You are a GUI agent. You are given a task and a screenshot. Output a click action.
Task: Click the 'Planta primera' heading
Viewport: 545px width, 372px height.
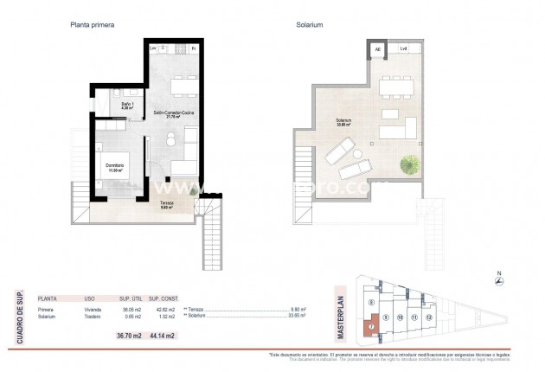coord(92,25)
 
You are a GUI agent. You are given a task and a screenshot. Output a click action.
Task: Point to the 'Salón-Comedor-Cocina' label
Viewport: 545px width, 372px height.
coord(174,113)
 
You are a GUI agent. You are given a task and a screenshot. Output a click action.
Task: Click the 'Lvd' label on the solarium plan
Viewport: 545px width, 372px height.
coord(404,49)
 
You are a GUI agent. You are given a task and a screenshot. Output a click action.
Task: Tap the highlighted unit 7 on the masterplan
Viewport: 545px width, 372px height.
coord(371,328)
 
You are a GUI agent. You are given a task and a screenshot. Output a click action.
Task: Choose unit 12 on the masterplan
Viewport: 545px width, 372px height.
coord(430,317)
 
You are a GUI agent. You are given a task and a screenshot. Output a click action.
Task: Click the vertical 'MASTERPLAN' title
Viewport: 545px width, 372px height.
coord(341,317)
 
